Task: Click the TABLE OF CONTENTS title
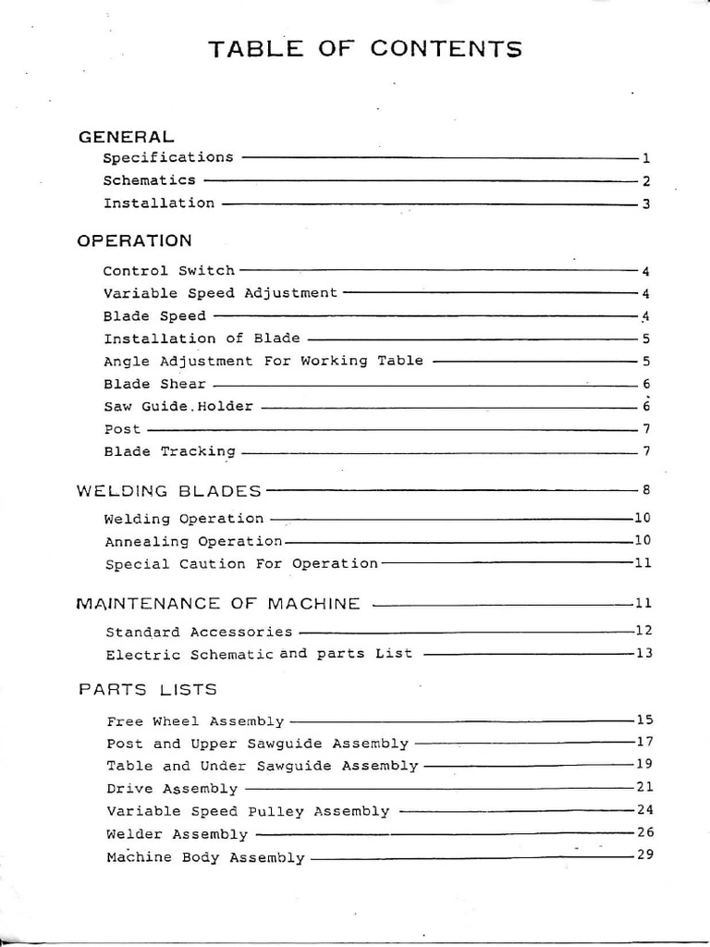tap(365, 48)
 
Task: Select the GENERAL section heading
tap(126, 136)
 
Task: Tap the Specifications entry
tap(168, 157)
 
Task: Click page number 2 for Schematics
tap(647, 181)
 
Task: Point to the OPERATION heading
tap(135, 240)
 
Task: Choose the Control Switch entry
tap(169, 271)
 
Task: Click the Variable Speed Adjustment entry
tap(221, 293)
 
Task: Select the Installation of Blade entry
tap(202, 338)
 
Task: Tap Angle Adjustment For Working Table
tap(263, 361)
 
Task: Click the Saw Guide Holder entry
tap(178, 406)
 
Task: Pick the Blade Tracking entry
tap(170, 451)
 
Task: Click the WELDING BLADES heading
tap(169, 490)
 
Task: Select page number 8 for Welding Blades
tap(647, 490)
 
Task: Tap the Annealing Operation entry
tap(194, 541)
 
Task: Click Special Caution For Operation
tap(242, 563)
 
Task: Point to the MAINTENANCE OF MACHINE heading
tap(218, 604)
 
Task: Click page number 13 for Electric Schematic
tap(644, 654)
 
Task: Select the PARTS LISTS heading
tap(148, 689)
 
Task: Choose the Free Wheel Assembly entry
tap(196, 721)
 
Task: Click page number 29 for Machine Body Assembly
tap(644, 855)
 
